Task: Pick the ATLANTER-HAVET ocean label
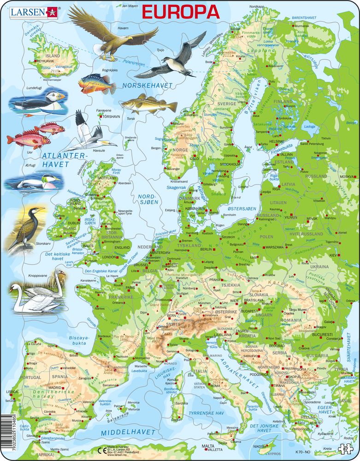(62, 160)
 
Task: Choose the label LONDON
(109, 257)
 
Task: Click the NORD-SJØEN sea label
(147, 200)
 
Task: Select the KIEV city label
(346, 254)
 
